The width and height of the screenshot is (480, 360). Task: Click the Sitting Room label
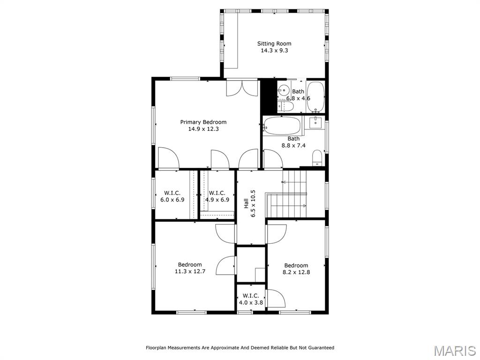click(274, 44)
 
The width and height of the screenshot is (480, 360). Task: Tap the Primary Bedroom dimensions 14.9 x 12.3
click(203, 129)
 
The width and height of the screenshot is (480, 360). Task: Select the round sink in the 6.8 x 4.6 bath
click(284, 90)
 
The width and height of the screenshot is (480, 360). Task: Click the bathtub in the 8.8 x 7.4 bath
click(282, 125)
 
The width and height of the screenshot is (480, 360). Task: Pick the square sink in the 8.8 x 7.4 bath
click(315, 123)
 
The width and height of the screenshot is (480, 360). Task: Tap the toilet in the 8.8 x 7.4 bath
click(317, 157)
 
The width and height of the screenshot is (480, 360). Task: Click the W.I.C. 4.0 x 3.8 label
click(251, 299)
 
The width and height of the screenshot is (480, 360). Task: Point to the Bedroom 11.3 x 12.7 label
click(190, 268)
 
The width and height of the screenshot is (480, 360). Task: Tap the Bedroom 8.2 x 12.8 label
click(296, 269)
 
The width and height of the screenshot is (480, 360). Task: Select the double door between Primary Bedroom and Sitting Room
click(242, 88)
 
